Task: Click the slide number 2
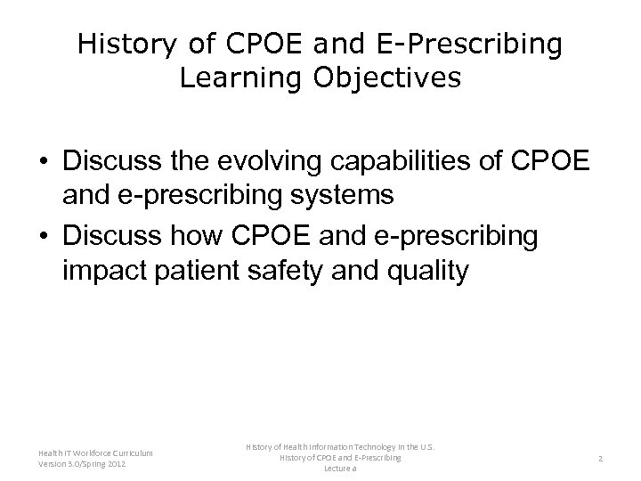tap(600, 458)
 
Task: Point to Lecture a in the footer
tap(339, 468)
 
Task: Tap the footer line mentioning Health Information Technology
tap(339, 447)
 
